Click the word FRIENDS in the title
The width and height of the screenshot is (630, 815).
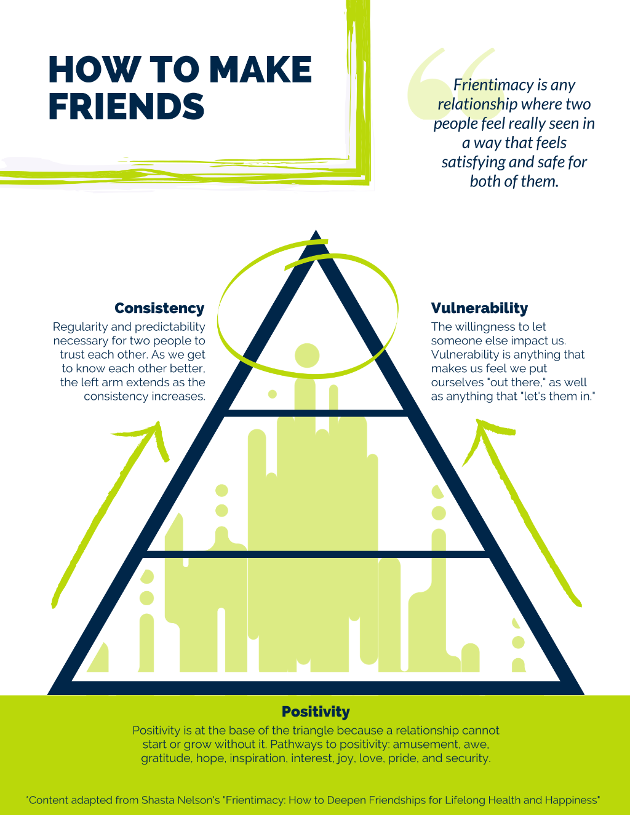(126, 106)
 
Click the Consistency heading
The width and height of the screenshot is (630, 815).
(160, 308)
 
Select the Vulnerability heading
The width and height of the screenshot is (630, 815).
(479, 308)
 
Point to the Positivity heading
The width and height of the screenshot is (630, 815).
(316, 712)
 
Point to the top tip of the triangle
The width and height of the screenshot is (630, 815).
(316, 230)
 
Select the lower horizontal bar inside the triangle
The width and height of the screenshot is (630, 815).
(316, 554)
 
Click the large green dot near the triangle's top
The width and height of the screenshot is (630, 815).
(307, 355)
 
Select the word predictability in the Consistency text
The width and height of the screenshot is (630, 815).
(170, 327)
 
